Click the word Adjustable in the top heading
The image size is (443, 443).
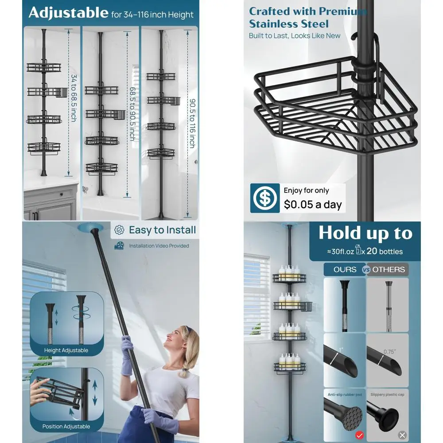(68, 13)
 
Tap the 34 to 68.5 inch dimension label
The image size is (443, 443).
(74, 98)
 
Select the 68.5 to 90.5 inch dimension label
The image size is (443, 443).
(132, 113)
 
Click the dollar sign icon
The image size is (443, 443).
(265, 198)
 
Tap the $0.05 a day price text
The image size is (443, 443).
(313, 204)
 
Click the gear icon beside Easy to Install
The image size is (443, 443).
(119, 230)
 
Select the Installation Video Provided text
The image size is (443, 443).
(159, 246)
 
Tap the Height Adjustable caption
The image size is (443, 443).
(66, 350)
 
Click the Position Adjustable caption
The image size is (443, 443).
(66, 427)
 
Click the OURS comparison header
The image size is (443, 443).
(345, 269)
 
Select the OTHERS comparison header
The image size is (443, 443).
(389, 269)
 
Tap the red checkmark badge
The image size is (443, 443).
(359, 435)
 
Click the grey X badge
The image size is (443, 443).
(402, 435)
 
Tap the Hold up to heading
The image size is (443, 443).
(365, 233)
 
